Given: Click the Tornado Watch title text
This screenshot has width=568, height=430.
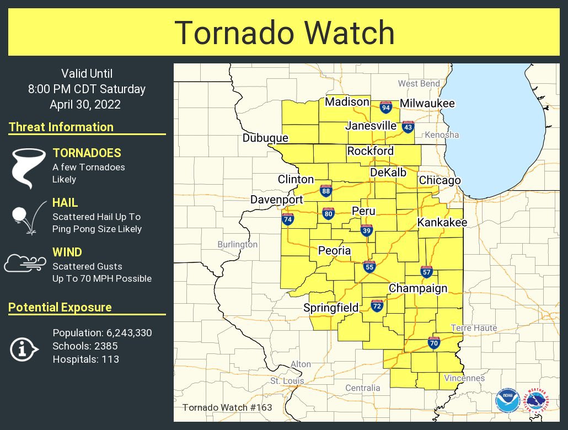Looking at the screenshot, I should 285,33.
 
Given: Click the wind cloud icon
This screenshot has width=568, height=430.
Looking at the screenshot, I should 24,264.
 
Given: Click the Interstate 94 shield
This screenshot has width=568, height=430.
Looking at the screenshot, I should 386,106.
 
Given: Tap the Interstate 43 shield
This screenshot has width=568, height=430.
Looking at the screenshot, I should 408,127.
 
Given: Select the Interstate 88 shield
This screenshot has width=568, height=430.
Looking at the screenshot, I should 326,191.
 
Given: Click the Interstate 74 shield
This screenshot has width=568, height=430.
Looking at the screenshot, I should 288,218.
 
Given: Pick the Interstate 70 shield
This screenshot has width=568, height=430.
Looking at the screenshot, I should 434,342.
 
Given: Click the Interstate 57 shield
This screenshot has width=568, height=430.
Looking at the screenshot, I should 426,271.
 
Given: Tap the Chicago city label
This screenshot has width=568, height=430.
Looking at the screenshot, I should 440,180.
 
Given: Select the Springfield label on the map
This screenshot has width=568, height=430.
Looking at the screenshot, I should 331,308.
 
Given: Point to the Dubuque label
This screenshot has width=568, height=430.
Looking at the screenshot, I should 265,138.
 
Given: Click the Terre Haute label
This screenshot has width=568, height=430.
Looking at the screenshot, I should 474,328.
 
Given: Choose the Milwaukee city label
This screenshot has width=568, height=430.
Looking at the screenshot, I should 427,103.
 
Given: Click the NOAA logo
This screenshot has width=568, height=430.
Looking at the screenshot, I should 507,401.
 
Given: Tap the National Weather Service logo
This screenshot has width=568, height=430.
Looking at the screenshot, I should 537,401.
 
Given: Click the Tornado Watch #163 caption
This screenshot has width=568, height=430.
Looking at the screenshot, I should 227,407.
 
